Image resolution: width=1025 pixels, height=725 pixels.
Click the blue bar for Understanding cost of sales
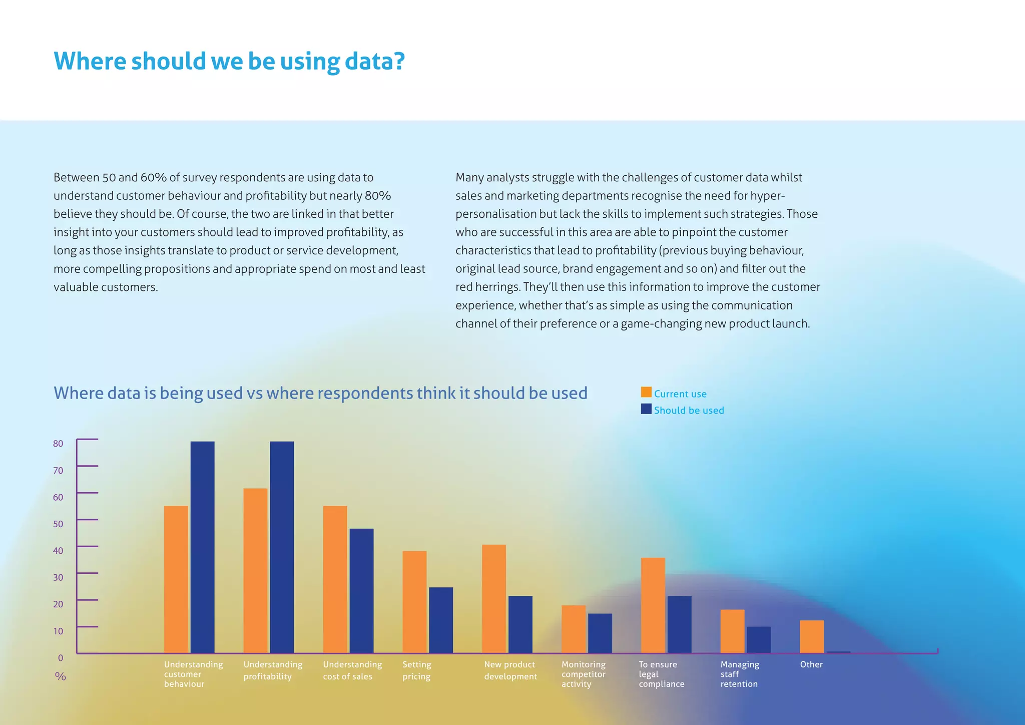361,590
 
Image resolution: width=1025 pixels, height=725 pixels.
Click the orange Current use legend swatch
646,393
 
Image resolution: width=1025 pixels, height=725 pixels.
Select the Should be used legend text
689,411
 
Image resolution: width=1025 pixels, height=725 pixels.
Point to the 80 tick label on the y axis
58,444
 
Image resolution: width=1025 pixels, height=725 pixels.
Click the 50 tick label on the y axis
58,524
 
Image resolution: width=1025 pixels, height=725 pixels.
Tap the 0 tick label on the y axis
61,658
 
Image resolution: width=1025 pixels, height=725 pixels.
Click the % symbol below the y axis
61,677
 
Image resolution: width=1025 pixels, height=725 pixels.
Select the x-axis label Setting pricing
416,670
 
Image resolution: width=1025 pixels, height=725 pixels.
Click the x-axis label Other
811,664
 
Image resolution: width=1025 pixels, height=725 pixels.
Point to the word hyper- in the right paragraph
767,196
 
